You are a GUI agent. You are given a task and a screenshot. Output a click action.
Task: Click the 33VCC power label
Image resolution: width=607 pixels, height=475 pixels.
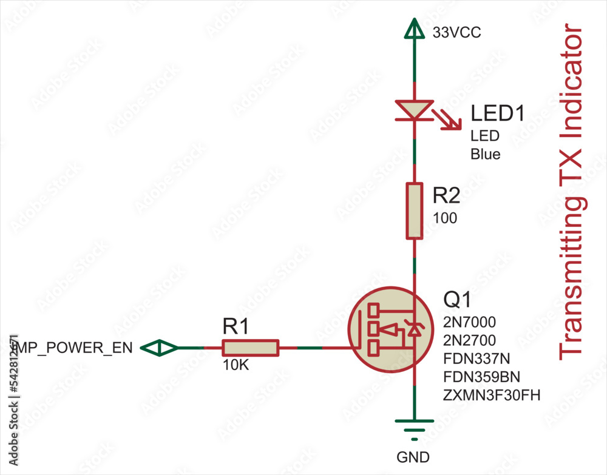pyautogui.click(x=456, y=33)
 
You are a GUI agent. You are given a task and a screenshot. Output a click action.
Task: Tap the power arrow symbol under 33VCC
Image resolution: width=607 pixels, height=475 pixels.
pyautogui.click(x=415, y=28)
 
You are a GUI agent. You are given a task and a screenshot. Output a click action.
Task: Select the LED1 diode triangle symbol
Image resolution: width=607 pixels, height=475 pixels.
pyautogui.click(x=414, y=110)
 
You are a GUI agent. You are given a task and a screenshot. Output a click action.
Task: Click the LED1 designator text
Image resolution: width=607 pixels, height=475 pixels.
pyautogui.click(x=497, y=113)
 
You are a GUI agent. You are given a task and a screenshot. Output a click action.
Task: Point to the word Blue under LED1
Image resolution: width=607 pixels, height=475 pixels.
pyautogui.click(x=486, y=154)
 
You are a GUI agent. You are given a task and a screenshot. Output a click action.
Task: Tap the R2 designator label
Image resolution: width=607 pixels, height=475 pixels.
pyautogui.click(x=446, y=196)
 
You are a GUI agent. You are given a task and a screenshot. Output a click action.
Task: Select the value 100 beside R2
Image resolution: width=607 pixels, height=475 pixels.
pyautogui.click(x=445, y=218)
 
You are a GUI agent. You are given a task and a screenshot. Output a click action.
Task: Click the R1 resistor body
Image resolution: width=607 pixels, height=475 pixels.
pyautogui.click(x=250, y=348)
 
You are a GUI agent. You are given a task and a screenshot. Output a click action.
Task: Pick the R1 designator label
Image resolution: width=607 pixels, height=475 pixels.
pyautogui.click(x=236, y=328)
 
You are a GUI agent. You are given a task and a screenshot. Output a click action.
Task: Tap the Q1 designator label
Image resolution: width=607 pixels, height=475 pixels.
pyautogui.click(x=457, y=300)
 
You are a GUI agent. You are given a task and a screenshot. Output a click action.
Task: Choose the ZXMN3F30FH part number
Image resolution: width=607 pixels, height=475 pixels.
pyautogui.click(x=492, y=396)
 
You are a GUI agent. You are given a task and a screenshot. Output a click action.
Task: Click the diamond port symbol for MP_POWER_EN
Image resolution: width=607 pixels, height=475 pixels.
pyautogui.click(x=160, y=348)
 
